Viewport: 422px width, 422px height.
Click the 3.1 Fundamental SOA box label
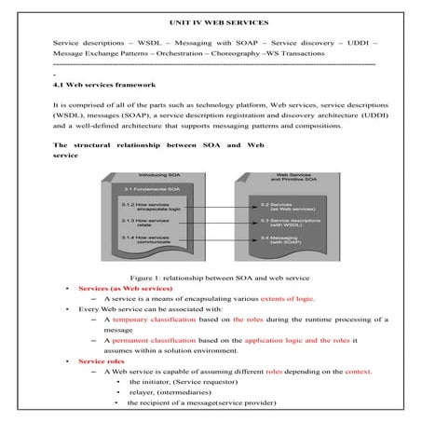coord(146,189)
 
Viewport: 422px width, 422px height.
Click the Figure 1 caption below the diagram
coord(211,279)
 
